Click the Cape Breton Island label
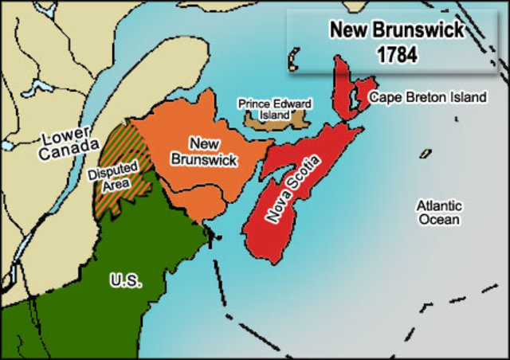click(x=427, y=97)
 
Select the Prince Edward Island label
click(x=265, y=109)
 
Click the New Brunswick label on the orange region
click(x=204, y=151)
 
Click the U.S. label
click(x=124, y=280)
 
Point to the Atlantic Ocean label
click(x=439, y=212)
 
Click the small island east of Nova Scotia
click(x=426, y=153)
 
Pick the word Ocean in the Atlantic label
click(x=439, y=219)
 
